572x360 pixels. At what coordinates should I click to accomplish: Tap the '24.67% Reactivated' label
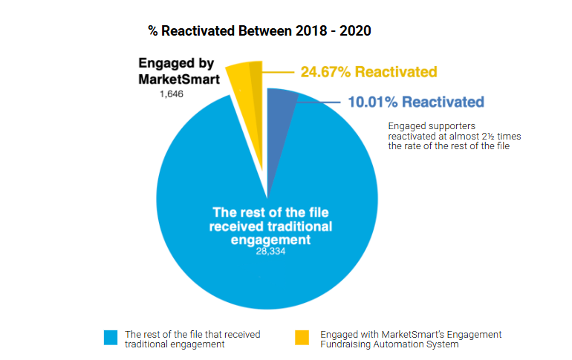(368, 72)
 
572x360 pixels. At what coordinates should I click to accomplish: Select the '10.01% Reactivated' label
(416, 102)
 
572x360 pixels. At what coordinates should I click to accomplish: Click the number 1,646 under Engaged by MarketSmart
(172, 95)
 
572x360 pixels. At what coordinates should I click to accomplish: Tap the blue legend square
(111, 338)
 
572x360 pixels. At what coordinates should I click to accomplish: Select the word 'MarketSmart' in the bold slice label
(178, 79)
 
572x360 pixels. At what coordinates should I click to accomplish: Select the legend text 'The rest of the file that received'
(192, 334)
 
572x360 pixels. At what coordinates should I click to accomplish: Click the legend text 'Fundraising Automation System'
(389, 344)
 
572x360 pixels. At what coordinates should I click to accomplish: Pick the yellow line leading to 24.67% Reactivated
(279, 73)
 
